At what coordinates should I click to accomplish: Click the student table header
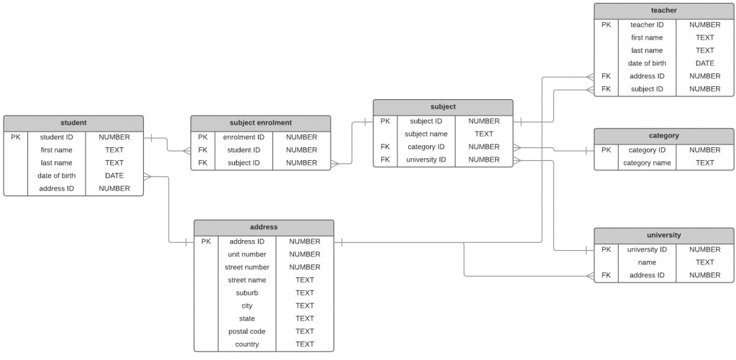73,123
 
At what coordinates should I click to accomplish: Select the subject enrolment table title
260,123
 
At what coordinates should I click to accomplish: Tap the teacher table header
663,11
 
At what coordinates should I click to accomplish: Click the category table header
663,136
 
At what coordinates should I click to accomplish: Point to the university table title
663,235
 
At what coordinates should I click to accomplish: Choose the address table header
264,227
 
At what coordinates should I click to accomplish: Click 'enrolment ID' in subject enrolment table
244,137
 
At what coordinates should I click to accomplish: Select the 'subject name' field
425,134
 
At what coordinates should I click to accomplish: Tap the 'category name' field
647,163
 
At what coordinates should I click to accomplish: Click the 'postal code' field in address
247,331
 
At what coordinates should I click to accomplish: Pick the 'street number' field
247,267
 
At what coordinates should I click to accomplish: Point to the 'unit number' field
247,254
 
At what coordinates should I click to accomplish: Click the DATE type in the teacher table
704,63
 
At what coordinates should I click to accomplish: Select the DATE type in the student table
114,175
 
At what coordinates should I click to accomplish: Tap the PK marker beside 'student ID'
16,137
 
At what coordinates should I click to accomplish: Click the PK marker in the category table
606,150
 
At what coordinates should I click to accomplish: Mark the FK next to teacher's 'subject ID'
606,89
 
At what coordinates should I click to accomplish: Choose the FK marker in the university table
606,275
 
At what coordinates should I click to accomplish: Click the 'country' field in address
247,344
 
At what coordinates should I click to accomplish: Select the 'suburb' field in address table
247,293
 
